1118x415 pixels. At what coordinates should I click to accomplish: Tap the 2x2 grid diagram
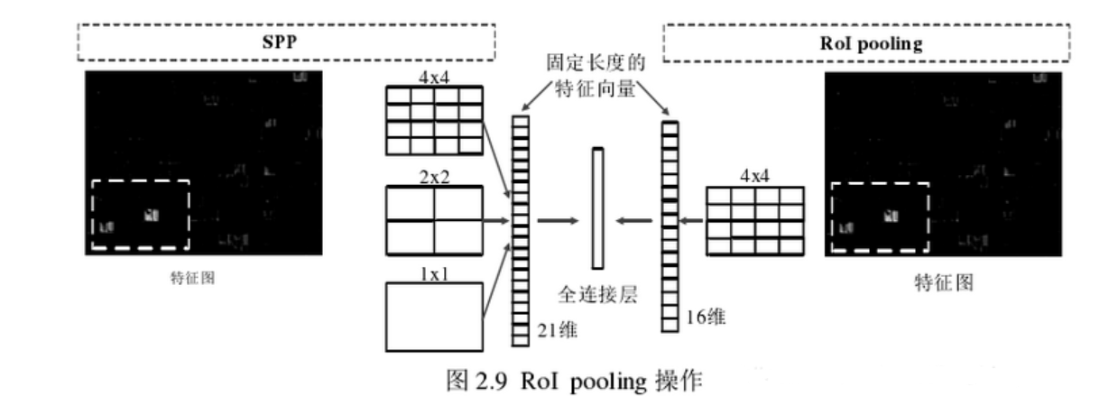(x=434, y=220)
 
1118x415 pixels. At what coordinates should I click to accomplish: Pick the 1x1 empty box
(x=434, y=316)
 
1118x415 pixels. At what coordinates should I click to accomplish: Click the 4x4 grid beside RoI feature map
(x=754, y=220)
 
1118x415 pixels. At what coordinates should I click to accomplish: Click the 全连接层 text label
(x=596, y=294)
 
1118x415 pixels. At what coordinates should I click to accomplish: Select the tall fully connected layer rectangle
(x=596, y=207)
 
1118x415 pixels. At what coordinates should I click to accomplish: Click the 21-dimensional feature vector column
(x=520, y=231)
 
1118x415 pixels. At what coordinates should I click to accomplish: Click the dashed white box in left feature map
(x=140, y=215)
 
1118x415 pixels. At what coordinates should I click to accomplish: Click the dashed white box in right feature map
(x=879, y=217)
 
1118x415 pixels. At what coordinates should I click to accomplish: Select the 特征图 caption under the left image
(x=191, y=279)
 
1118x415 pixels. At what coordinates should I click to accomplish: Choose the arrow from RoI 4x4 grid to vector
(x=690, y=219)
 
